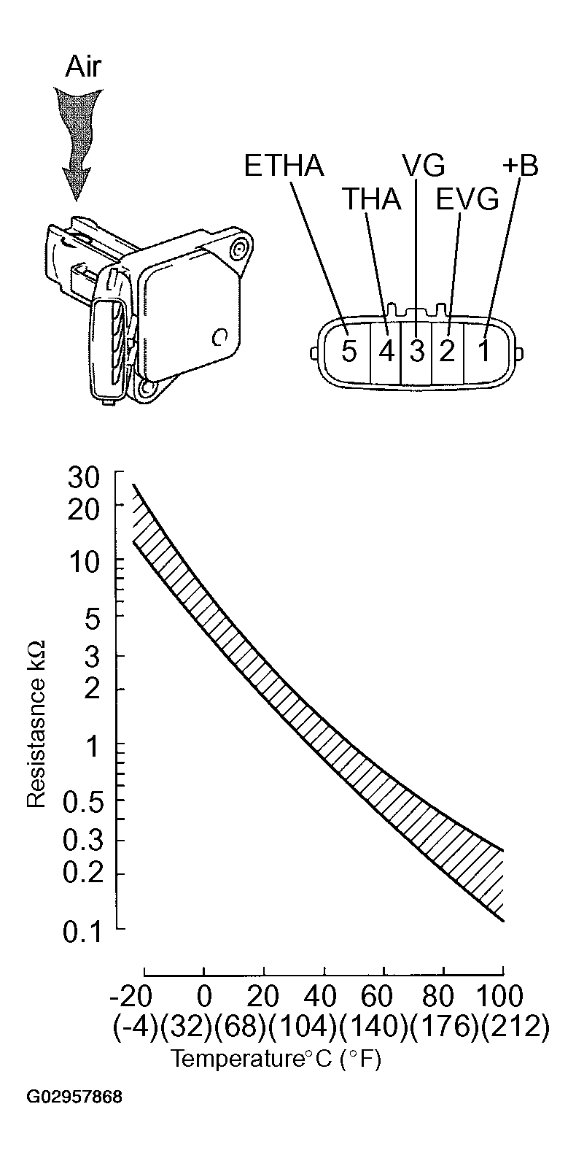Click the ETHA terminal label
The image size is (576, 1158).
click(x=284, y=166)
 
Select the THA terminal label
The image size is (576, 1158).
click(x=372, y=198)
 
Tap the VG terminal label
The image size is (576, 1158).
click(x=424, y=166)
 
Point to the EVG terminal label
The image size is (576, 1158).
click(x=467, y=198)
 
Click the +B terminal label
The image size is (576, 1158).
click(x=520, y=166)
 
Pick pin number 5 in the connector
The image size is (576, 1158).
click(x=349, y=352)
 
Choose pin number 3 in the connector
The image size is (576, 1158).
click(x=416, y=352)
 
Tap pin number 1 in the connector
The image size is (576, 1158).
click(x=483, y=352)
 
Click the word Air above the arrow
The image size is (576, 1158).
click(x=83, y=66)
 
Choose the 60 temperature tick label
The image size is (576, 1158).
click(x=383, y=997)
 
